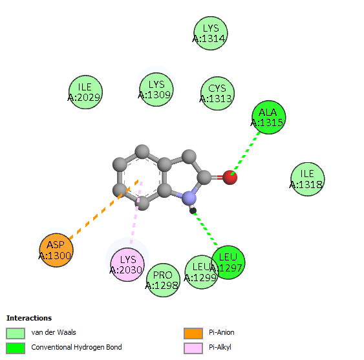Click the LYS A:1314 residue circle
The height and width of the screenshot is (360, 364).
(x=211, y=33)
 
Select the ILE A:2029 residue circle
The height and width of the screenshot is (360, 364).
(x=85, y=92)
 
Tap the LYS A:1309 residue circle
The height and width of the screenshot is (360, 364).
(x=156, y=89)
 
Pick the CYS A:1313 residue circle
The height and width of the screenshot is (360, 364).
(x=217, y=93)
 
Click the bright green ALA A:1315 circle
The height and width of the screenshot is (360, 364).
(x=269, y=117)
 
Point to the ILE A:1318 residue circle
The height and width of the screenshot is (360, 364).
(x=308, y=179)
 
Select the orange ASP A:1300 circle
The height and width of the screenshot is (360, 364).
(x=56, y=250)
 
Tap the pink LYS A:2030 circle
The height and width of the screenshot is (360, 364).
(x=127, y=264)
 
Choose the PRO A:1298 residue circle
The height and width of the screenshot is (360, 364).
(x=163, y=280)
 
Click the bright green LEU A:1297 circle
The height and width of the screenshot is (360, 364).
(x=228, y=262)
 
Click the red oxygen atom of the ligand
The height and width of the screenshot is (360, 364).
(x=230, y=177)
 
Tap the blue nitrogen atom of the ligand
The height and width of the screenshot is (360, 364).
(x=189, y=198)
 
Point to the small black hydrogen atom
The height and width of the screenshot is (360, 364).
(x=193, y=211)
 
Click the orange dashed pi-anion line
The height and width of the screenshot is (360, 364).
(x=103, y=209)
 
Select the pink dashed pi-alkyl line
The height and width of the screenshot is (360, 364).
(x=136, y=213)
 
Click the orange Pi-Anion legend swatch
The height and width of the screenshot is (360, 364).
(x=193, y=334)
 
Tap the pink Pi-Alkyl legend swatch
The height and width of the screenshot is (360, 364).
(x=193, y=348)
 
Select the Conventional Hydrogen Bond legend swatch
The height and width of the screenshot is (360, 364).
(x=16, y=348)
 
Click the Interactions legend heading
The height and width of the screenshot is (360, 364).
(x=29, y=318)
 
